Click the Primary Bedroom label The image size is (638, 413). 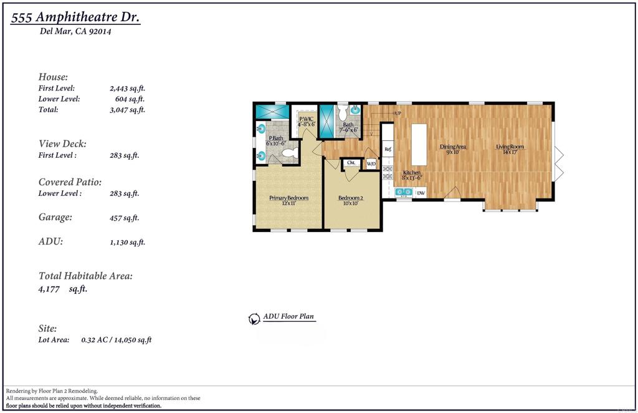pyautogui.click(x=288, y=200)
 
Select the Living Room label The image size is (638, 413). pyautogui.click(x=510, y=148)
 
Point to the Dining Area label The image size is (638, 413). pyautogui.click(x=453, y=148)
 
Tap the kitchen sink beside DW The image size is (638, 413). pyautogui.click(x=403, y=193)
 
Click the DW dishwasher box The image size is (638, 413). pyautogui.click(x=421, y=193)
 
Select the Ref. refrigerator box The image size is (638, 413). pyautogui.click(x=388, y=150)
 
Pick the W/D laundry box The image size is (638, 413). pyautogui.click(x=371, y=164)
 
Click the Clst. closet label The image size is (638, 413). pyautogui.click(x=351, y=163)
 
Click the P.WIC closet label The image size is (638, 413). pyautogui.click(x=306, y=121)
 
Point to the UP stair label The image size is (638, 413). pyautogui.click(x=397, y=113)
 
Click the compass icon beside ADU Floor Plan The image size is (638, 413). pyautogui.click(x=254, y=319)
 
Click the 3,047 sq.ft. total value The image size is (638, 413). pyautogui.click(x=127, y=110)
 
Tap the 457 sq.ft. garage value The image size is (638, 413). pyautogui.click(x=124, y=218)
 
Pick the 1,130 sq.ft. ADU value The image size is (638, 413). pyautogui.click(x=127, y=243)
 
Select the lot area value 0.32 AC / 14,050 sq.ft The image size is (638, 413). pyautogui.click(x=117, y=340)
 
